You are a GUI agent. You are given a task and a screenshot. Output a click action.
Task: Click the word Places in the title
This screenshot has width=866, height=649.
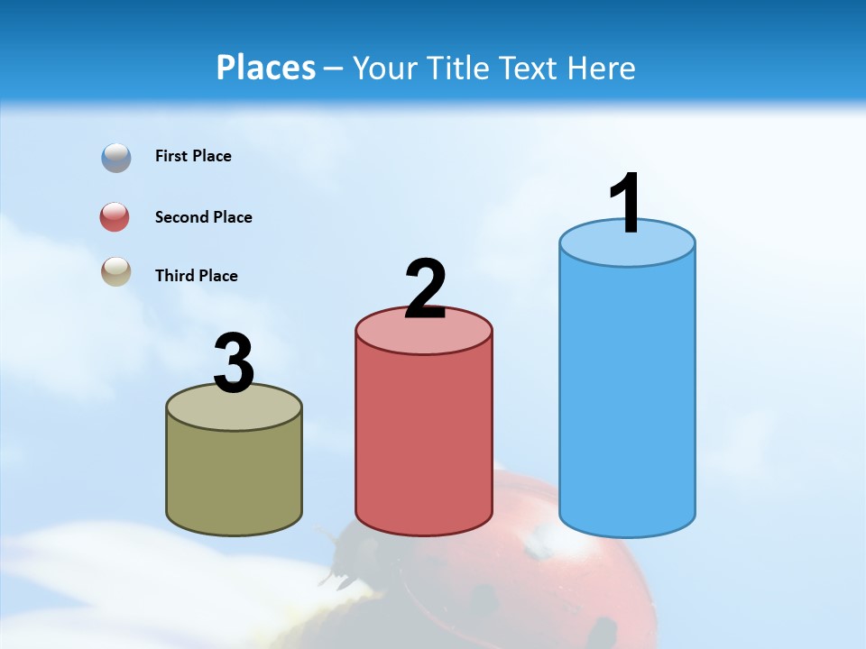266,68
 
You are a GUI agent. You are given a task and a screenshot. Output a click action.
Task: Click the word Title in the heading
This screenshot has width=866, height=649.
452,68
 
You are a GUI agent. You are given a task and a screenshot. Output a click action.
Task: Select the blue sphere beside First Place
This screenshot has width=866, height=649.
116,158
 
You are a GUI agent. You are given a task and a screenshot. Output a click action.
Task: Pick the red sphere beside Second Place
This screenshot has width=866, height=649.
115,217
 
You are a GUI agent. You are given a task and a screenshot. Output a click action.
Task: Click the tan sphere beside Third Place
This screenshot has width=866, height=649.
116,271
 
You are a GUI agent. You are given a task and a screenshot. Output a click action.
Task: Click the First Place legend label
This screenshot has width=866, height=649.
193,156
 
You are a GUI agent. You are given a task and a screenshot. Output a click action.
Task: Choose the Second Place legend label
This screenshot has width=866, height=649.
203,217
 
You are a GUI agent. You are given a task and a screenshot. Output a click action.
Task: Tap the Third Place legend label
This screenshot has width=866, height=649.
196,276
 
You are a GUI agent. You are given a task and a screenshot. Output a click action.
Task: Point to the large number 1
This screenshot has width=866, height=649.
626,203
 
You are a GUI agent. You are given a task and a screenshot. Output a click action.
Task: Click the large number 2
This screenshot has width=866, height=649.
426,289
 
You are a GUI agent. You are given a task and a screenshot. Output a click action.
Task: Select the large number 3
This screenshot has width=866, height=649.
235,363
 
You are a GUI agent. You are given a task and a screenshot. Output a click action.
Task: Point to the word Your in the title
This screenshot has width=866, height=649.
382,68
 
